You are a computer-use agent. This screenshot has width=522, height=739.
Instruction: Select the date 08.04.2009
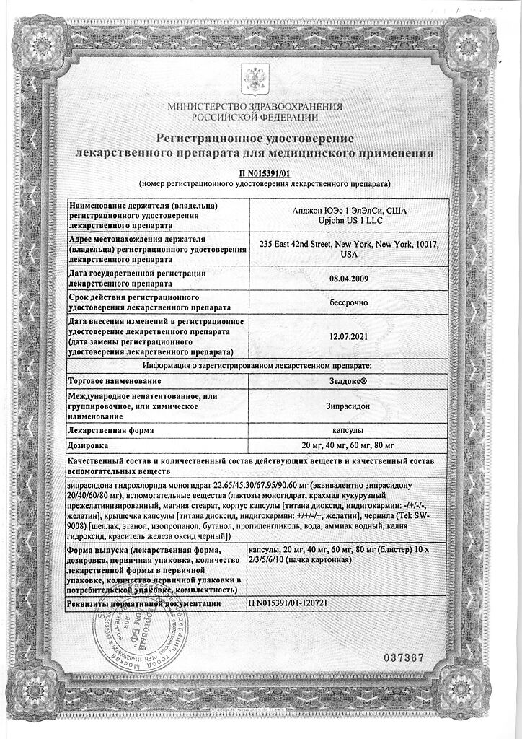point(348,278)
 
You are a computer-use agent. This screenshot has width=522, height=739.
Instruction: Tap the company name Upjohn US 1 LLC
point(348,219)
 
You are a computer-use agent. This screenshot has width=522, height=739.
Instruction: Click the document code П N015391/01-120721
point(297,601)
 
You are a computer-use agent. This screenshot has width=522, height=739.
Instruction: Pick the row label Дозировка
point(89,444)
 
